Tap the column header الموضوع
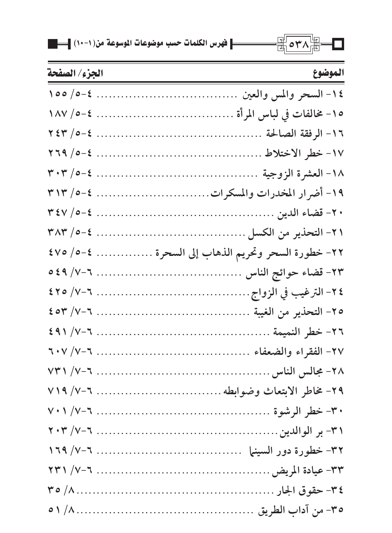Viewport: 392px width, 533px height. (328, 73)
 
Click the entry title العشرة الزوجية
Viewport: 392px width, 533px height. (293, 174)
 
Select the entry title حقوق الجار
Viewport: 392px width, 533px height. (299, 490)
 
